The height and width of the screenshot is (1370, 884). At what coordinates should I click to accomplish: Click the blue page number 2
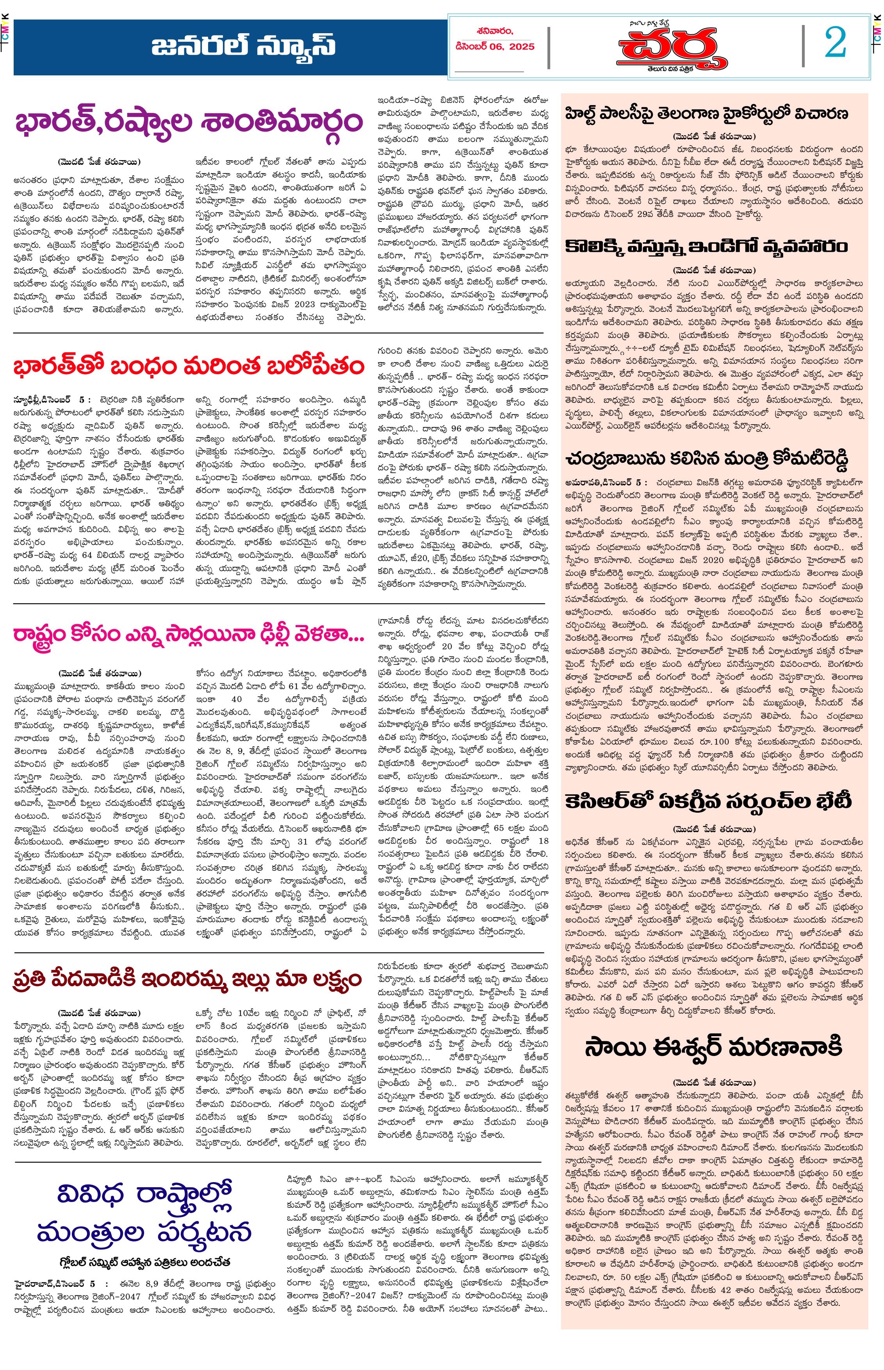coord(835,43)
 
